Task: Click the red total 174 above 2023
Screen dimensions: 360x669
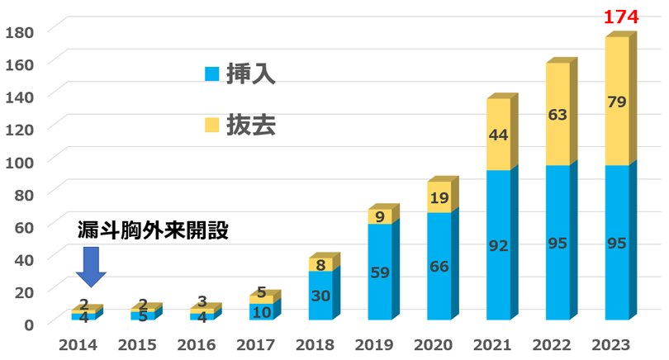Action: coord(616,17)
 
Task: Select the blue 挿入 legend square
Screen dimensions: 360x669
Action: coord(212,74)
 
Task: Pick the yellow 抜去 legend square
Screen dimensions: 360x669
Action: coord(212,126)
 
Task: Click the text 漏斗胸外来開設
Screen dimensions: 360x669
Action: coord(152,230)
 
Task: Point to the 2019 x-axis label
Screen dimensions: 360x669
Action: coord(379,345)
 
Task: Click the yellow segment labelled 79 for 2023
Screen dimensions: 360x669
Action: coord(616,102)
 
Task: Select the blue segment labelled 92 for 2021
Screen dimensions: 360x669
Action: coord(498,245)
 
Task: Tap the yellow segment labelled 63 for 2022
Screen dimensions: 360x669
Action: coord(557,115)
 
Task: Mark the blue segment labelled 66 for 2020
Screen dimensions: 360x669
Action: coord(439,266)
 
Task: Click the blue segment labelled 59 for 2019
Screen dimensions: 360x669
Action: coord(379,272)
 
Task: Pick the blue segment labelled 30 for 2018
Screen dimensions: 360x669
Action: coord(320,296)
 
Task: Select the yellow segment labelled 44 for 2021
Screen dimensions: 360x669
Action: coord(498,135)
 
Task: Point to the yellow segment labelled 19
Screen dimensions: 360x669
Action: coord(439,197)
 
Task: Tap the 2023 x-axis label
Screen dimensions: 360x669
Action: coord(616,345)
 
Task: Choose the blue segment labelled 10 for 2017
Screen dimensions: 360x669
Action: coord(261,312)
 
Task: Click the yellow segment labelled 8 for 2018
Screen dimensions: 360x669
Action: coord(320,265)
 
